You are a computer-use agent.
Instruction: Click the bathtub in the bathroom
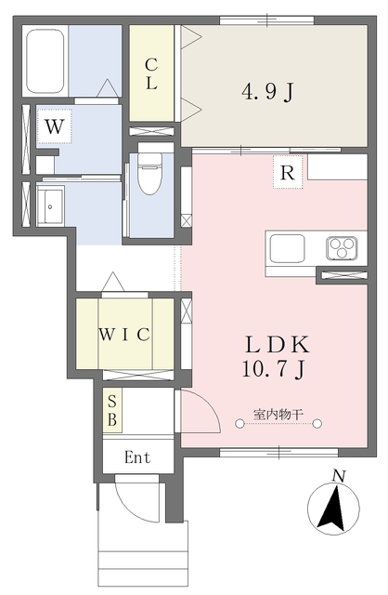(45, 61)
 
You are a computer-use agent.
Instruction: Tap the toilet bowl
(150, 173)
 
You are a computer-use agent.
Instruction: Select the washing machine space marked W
(54, 126)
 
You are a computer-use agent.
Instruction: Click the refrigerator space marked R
(288, 172)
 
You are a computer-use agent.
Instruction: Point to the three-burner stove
(342, 248)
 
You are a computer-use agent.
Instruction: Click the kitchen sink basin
(287, 248)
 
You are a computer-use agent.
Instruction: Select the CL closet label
(151, 73)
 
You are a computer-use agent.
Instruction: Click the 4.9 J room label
(268, 91)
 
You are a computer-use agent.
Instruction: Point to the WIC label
(124, 335)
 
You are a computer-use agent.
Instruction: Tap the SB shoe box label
(112, 410)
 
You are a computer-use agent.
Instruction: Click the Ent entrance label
(137, 457)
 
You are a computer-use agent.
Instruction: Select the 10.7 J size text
(274, 369)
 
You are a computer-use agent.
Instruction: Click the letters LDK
(278, 345)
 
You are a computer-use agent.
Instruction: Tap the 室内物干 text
(278, 414)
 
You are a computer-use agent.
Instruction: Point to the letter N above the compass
(339, 476)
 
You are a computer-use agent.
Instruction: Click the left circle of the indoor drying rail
(239, 424)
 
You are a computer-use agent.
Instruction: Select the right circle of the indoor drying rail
(317, 424)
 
